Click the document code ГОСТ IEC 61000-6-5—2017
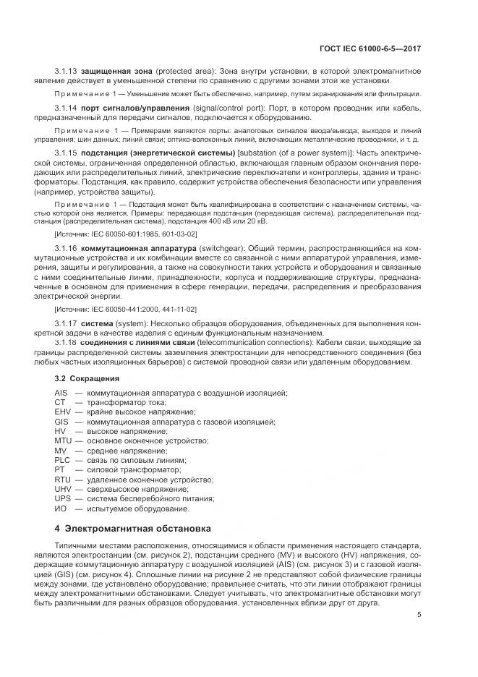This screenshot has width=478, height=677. (370, 49)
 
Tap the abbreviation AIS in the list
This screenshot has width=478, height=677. (61, 393)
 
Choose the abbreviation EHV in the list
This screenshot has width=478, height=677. (61, 412)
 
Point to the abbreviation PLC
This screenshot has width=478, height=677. (61, 459)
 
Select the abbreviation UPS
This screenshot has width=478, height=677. (61, 498)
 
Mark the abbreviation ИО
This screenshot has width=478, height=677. (60, 508)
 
